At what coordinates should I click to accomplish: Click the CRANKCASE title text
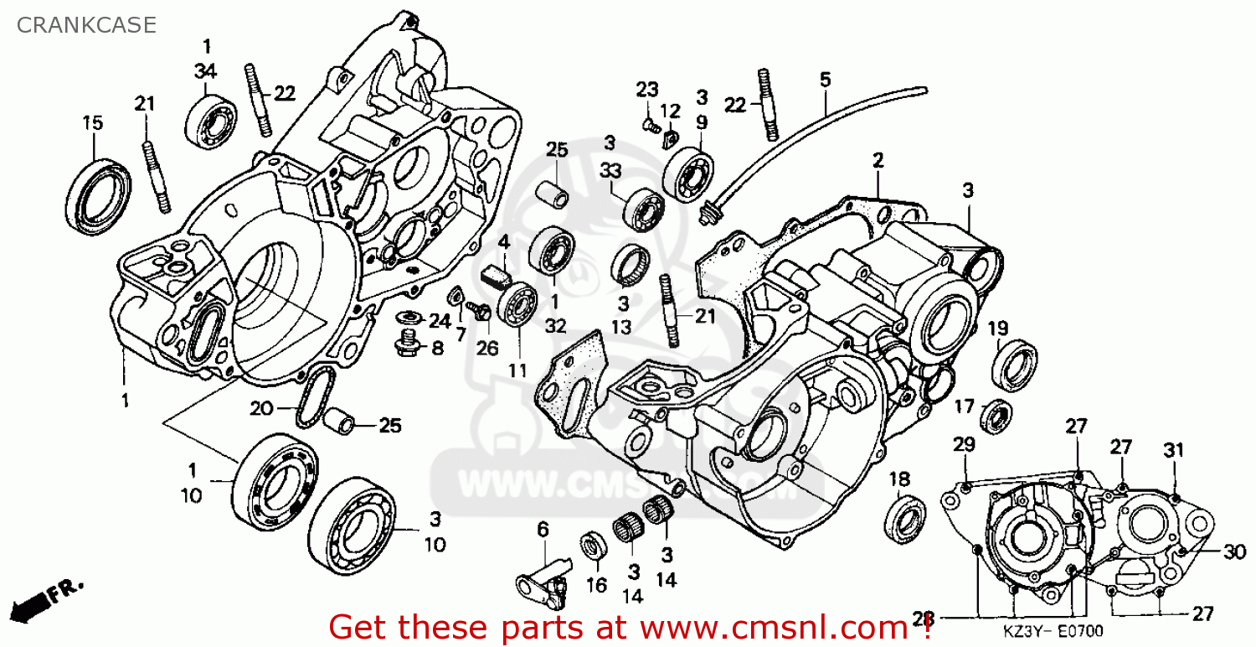coord(86,25)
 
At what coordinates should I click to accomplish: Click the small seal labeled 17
coord(996,416)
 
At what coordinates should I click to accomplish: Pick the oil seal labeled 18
coord(905,520)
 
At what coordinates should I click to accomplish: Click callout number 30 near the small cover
coord(1234,551)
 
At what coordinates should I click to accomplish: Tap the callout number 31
coord(1174,450)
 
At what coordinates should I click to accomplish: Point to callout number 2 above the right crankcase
coord(878,159)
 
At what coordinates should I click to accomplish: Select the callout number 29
coord(964,444)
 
